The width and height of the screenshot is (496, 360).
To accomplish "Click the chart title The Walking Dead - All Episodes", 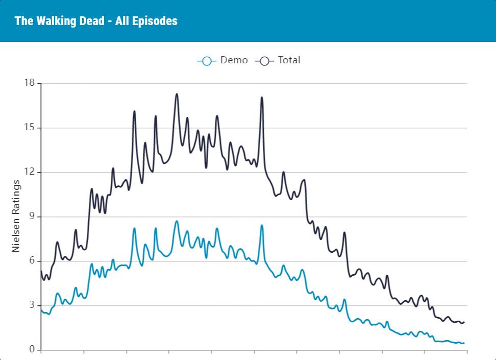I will coord(96,21).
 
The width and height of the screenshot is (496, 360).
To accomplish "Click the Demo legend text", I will coord(234,60).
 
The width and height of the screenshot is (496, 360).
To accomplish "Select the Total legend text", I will coord(289,60).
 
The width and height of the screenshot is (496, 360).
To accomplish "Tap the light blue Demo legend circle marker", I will coord(207,61).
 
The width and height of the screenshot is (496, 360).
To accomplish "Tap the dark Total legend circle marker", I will coord(264,61).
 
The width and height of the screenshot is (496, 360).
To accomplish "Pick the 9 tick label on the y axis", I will coord(31,217).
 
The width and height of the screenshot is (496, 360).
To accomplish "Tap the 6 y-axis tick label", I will coord(31,261).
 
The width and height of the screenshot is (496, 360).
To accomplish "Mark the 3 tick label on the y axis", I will coord(31,305).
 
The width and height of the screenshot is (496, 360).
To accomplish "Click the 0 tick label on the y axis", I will coord(31,350).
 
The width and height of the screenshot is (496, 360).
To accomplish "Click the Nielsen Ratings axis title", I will coord(16,216).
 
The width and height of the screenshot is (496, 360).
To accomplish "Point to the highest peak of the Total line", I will coord(177,94).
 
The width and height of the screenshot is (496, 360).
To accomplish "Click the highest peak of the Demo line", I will coord(177,221).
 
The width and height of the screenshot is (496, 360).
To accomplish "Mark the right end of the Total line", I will coord(464,322).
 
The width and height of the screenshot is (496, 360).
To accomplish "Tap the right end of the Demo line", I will coord(464,343).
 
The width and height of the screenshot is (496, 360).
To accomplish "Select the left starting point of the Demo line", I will coord(41,310).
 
